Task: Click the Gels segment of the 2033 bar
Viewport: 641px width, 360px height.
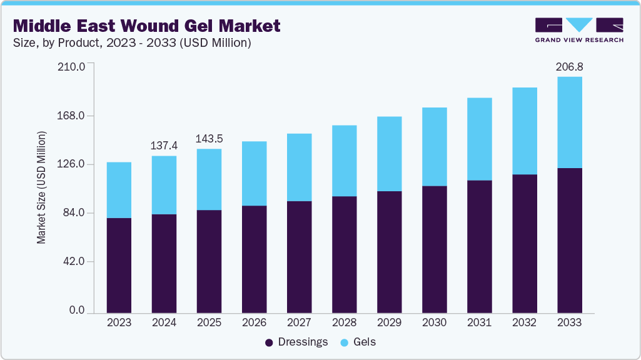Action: click(570, 122)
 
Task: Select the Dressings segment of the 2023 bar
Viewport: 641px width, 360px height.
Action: click(119, 265)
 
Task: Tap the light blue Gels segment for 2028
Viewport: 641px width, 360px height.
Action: click(344, 161)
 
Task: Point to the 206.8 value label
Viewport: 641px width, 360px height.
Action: click(570, 67)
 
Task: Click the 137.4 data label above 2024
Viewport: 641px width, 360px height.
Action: click(164, 146)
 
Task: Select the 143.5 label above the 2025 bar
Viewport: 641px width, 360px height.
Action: click(209, 139)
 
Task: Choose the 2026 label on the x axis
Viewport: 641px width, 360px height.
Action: click(255, 322)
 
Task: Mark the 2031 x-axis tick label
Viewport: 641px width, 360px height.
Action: click(480, 322)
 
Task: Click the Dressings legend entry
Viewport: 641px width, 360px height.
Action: click(297, 342)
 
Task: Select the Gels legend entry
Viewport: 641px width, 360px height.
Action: click(358, 342)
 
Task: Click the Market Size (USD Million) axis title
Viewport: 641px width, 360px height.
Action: click(41, 187)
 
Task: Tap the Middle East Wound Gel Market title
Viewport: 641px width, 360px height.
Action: click(147, 26)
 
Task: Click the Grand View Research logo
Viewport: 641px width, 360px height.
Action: click(579, 30)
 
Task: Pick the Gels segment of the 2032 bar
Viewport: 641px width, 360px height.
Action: click(525, 131)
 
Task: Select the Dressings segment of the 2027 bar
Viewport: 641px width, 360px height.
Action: click(299, 256)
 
